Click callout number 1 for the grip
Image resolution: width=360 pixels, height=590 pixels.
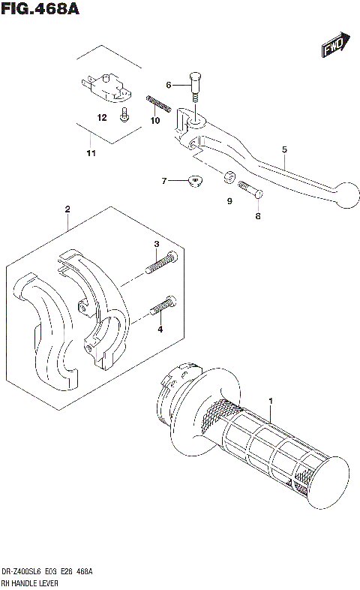271,402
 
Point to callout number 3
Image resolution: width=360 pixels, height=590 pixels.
157,245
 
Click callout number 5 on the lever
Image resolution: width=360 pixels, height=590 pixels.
285,149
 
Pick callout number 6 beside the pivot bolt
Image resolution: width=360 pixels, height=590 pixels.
169,84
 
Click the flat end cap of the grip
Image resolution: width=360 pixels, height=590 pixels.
329,480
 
